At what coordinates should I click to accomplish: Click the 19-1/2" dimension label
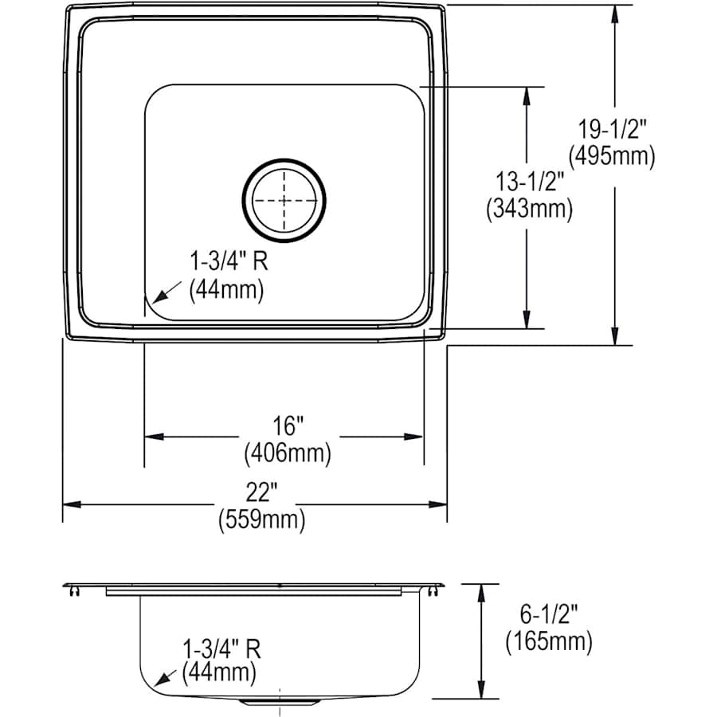(x=615, y=127)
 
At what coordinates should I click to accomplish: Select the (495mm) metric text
(x=615, y=156)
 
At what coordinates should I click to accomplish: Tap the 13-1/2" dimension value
(x=528, y=181)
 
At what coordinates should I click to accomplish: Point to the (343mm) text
(x=528, y=210)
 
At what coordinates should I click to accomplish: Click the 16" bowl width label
(x=287, y=426)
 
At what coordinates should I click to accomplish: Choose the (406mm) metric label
(x=287, y=454)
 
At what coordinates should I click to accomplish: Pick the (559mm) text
(x=261, y=520)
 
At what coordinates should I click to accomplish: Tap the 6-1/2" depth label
(x=548, y=613)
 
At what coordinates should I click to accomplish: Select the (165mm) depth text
(x=548, y=641)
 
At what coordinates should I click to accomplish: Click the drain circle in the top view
(x=284, y=199)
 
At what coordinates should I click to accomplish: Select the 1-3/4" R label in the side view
(x=221, y=646)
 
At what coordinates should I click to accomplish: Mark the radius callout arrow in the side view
(x=166, y=678)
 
